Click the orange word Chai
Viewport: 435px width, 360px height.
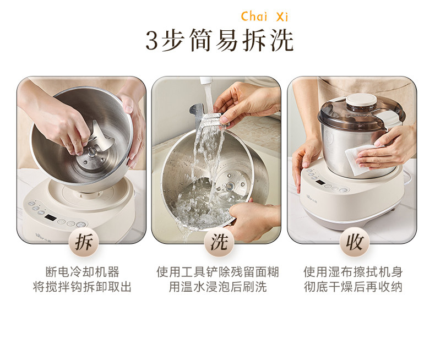[254, 17]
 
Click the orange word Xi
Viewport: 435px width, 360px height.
[282, 17]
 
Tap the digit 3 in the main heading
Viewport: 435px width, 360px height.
[152, 41]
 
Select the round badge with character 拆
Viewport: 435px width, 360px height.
[84, 242]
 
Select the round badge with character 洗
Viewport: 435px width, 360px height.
[219, 242]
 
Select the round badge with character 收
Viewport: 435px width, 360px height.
[355, 242]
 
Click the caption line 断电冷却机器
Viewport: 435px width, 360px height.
[83, 272]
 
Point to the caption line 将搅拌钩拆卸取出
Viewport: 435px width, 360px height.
[83, 287]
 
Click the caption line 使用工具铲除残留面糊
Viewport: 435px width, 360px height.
[218, 272]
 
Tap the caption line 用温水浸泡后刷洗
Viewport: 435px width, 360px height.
[218, 287]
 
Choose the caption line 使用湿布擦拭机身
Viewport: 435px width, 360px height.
[353, 272]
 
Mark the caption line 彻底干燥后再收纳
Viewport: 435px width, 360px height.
[353, 287]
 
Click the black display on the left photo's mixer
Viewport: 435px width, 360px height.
[51, 217]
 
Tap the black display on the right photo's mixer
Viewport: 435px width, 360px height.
[320, 183]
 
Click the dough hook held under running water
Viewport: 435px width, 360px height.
[208, 120]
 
